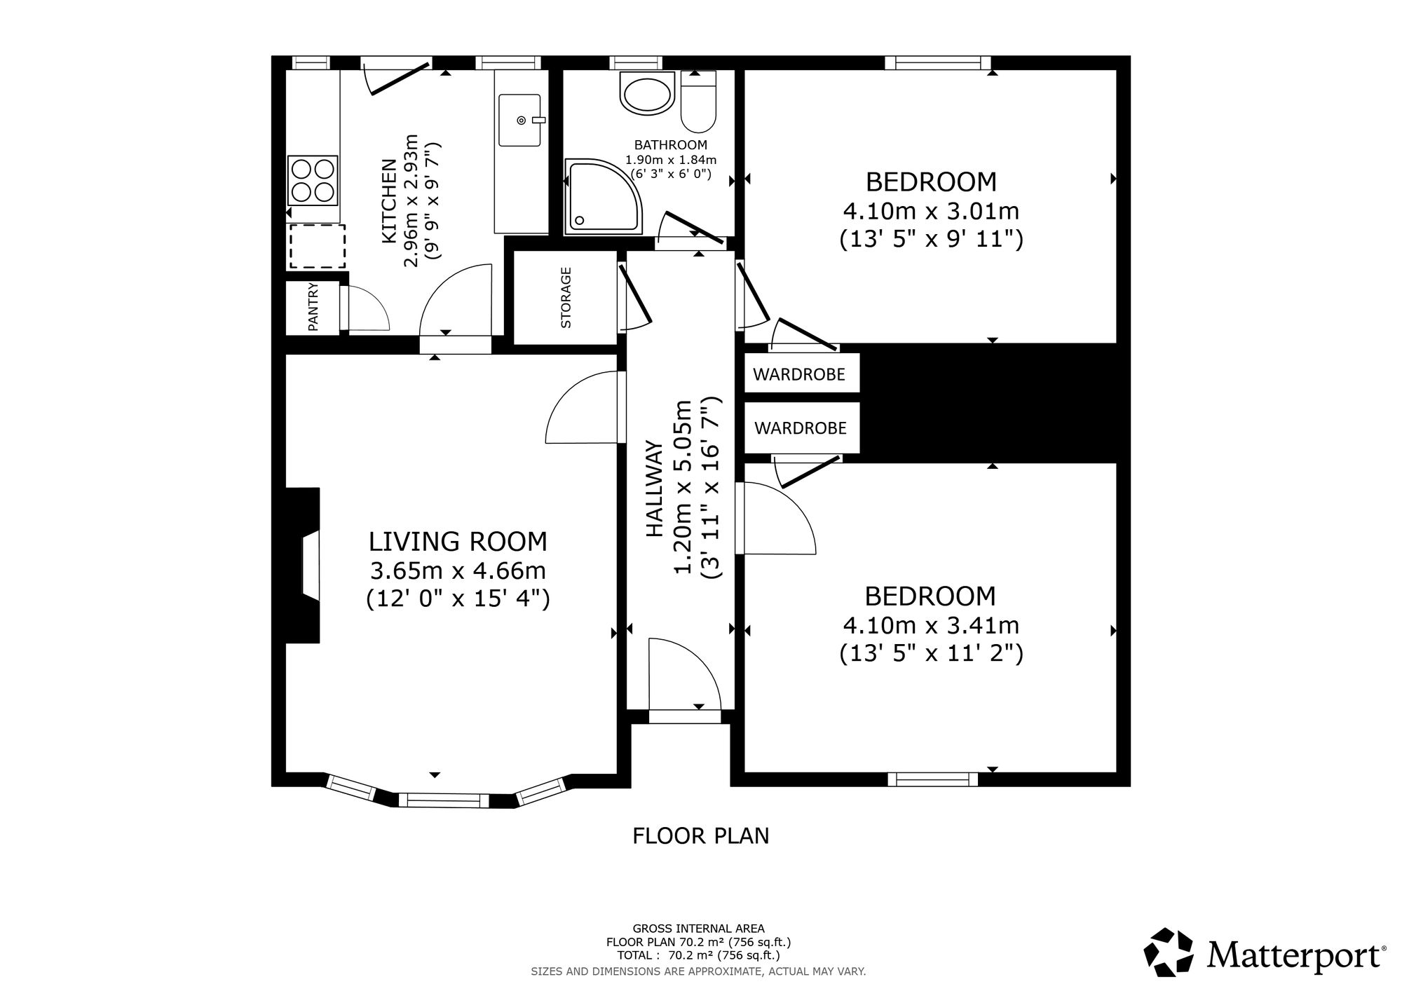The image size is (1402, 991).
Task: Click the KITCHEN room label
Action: tap(390, 202)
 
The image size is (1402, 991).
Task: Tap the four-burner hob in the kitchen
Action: tap(313, 180)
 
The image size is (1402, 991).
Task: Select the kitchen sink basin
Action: tap(520, 120)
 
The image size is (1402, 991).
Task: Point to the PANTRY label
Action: tap(313, 307)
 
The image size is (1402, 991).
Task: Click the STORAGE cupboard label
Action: tap(566, 297)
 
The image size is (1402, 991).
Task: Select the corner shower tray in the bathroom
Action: tap(604, 196)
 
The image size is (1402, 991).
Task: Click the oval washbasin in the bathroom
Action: tap(646, 95)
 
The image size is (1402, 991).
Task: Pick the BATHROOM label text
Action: tap(671, 145)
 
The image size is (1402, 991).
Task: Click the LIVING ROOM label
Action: tap(458, 541)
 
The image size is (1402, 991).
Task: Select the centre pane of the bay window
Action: tap(444, 800)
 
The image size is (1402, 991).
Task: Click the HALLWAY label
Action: tap(654, 488)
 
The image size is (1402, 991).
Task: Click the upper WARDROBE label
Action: tap(799, 374)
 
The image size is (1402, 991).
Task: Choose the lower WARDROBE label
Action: tap(800, 428)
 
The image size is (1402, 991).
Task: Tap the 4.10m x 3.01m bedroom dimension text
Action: tap(932, 210)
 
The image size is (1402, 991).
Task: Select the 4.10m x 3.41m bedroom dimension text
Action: tap(932, 624)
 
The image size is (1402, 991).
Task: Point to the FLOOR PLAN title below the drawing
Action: tap(701, 835)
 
